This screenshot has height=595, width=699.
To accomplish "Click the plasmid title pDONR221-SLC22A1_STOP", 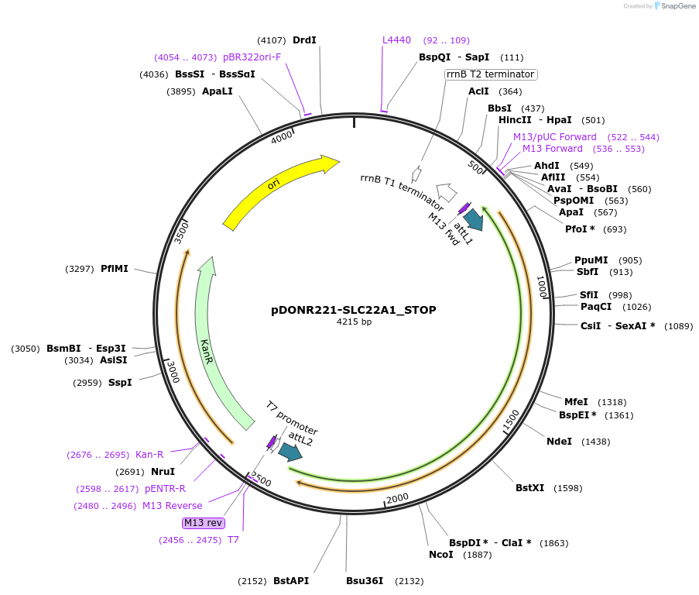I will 354,310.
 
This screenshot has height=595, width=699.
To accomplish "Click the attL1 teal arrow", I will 473,219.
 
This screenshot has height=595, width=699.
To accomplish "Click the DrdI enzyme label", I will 304,40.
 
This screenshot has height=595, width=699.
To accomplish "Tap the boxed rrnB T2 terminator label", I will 491,74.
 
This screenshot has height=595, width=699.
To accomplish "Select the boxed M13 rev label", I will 204,522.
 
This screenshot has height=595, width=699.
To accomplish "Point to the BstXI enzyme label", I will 529,488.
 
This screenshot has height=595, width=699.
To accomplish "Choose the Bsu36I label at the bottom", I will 365,581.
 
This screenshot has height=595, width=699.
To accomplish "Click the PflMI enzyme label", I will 115,269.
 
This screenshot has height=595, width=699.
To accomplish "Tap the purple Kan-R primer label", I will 149,455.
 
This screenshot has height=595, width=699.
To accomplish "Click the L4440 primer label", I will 396,40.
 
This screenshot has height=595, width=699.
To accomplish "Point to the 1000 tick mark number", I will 542,288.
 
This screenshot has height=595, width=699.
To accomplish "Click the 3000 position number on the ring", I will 173,372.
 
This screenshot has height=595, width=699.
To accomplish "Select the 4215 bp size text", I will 354,322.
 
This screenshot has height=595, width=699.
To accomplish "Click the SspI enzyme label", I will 120,383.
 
